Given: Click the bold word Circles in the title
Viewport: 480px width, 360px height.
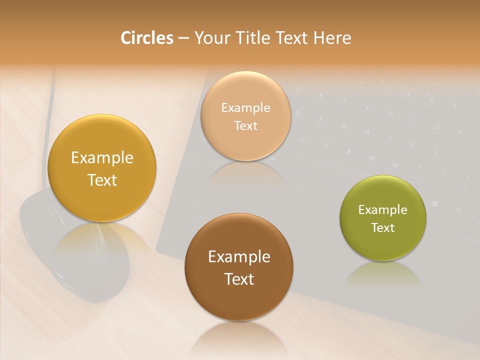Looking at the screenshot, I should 147,38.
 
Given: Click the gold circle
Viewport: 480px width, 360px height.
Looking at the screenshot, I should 102,168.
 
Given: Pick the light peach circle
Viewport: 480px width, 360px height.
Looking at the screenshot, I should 245,116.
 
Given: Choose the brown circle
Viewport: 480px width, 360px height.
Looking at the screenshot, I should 238,267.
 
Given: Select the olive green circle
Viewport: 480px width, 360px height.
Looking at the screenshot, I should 382,218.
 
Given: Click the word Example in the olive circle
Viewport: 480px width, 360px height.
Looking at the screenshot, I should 382,209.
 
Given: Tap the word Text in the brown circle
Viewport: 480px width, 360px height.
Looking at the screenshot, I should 239,279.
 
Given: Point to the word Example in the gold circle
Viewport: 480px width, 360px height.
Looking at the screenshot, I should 102,157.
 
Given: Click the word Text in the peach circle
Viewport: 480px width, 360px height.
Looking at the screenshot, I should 245,125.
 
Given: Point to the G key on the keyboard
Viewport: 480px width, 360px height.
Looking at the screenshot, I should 344,126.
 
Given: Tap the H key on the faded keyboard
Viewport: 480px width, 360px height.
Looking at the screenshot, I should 366,132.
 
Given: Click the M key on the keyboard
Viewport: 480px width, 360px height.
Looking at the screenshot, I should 395,164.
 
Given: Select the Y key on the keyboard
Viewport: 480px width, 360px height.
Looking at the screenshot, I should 367,108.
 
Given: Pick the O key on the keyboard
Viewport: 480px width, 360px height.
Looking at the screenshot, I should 436,126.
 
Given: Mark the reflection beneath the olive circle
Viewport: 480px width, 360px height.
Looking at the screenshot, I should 382,275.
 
